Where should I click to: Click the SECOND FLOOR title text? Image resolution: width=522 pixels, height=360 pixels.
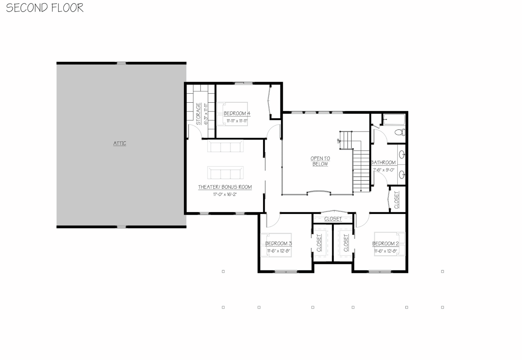[x=45, y=8]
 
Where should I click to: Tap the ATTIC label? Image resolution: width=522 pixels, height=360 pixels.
[x=120, y=143]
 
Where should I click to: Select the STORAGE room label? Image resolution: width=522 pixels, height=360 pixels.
[x=198, y=114]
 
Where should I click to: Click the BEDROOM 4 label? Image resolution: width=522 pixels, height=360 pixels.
[x=237, y=113]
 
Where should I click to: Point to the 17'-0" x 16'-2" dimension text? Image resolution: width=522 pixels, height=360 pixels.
[x=225, y=194]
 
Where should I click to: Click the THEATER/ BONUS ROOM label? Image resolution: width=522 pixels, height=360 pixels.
[x=225, y=187]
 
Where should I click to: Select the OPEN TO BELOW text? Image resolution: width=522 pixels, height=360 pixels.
[x=320, y=161]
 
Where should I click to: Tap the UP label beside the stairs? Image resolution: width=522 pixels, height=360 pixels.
[x=339, y=141]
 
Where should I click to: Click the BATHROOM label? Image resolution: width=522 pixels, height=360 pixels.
[x=383, y=163]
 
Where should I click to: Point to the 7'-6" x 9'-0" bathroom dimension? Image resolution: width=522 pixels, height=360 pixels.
[x=383, y=170]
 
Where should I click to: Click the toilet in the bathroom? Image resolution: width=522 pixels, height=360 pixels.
[x=400, y=132]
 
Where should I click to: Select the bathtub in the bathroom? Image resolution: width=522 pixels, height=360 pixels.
[x=394, y=119]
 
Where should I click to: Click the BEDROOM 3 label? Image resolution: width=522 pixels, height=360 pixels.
[x=279, y=244]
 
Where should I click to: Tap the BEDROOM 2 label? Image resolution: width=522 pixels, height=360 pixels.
[x=385, y=244]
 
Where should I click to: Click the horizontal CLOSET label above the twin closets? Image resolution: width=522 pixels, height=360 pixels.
[x=333, y=219]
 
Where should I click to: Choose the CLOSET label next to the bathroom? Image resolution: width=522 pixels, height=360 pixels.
[x=397, y=200]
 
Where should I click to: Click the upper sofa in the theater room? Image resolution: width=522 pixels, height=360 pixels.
[x=225, y=147]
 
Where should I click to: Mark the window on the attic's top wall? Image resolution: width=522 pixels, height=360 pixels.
[x=121, y=63]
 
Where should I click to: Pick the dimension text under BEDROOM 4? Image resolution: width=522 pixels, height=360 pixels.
[x=237, y=121]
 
